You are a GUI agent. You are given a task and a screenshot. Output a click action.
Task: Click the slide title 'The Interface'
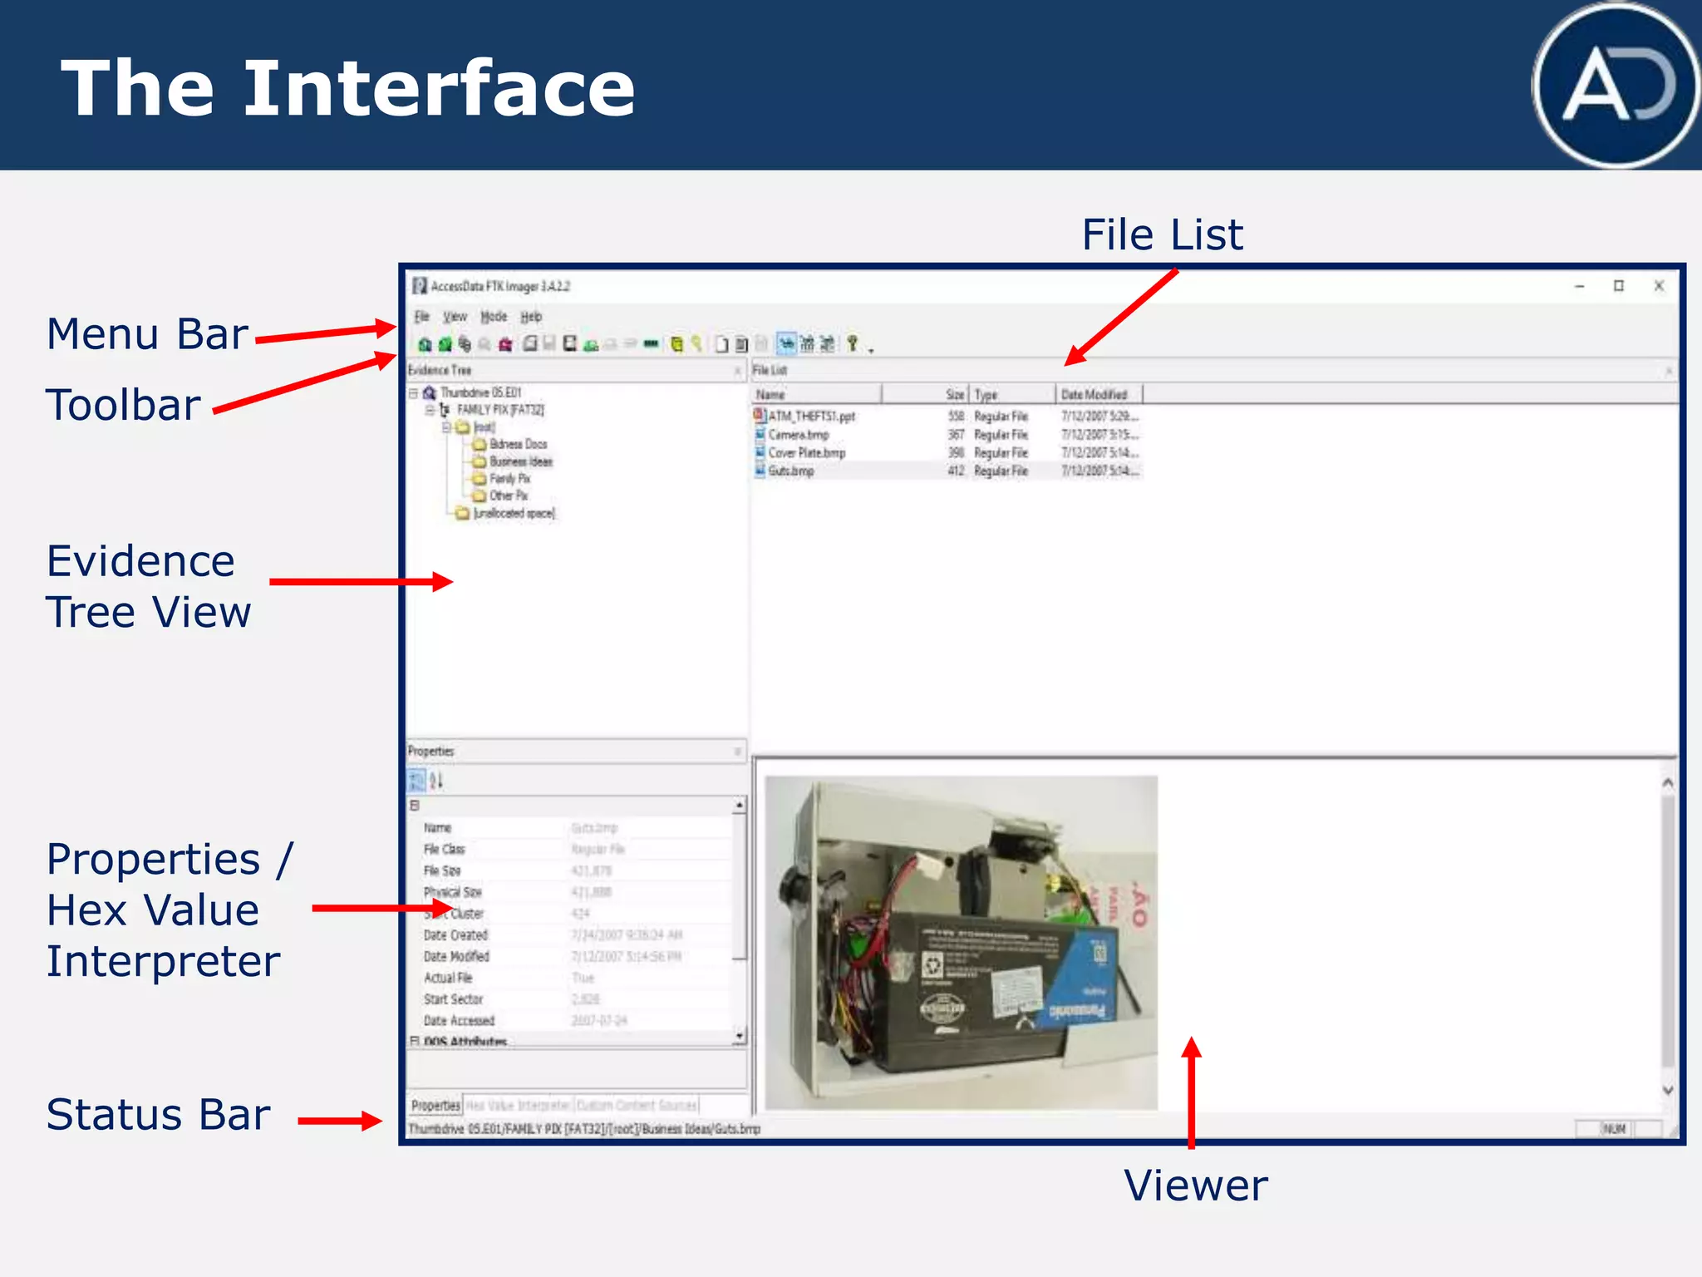[348, 88]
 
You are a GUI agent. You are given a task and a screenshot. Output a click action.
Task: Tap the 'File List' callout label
[1162, 235]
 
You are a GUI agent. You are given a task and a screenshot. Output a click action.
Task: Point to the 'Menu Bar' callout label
[147, 334]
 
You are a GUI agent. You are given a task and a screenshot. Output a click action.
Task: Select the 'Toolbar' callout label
[123, 406]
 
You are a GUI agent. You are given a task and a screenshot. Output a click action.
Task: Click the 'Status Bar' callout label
[158, 1115]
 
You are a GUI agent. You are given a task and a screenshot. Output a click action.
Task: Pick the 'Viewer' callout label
[1195, 1186]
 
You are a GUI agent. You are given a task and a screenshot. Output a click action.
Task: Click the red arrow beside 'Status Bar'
[339, 1121]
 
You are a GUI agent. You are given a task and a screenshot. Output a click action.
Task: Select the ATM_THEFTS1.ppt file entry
[811, 417]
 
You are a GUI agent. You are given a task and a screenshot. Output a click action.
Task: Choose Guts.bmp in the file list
[790, 471]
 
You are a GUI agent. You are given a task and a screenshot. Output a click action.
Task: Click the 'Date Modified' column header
[1094, 395]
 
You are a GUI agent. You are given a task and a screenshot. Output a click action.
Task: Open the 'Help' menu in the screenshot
[531, 317]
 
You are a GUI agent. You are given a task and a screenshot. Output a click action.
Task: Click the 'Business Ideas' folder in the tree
[520, 461]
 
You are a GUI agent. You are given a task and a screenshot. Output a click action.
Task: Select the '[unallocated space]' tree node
[514, 514]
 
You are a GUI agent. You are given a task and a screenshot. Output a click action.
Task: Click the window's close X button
[1659, 286]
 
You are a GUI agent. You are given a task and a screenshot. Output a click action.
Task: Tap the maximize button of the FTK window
[1619, 286]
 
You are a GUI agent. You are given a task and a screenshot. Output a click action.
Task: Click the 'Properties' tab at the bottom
[435, 1105]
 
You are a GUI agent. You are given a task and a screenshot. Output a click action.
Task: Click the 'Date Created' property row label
[455, 935]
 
